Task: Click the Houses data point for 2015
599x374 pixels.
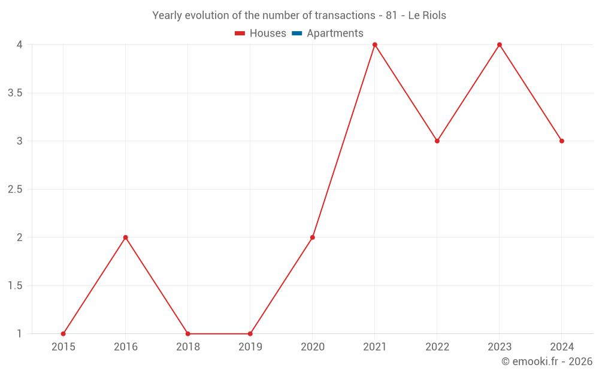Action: pos(63,334)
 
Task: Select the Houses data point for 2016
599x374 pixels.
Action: pos(126,238)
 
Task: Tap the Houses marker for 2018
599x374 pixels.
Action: pos(188,334)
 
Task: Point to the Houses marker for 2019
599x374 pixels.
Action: pos(250,334)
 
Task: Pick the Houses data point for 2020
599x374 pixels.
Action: pos(313,238)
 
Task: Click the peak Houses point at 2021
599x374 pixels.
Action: pos(375,45)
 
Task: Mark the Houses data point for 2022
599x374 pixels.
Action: pos(437,141)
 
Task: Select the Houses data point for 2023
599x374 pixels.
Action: pos(500,45)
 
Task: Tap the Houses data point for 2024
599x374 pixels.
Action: pos(562,141)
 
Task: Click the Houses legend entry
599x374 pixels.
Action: pos(261,34)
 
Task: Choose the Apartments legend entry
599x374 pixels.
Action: pos(328,34)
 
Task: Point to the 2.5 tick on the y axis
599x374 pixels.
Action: pos(16,190)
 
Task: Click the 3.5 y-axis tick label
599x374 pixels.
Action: pos(16,93)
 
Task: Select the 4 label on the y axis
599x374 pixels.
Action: pos(20,45)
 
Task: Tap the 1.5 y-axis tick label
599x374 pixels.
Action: pos(16,286)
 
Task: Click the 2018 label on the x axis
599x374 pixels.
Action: pos(188,347)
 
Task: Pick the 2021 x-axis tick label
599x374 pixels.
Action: pos(375,347)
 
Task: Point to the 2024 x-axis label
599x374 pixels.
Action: pos(562,347)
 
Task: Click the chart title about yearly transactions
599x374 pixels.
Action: pos(299,16)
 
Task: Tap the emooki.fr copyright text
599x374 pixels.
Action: pos(547,361)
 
